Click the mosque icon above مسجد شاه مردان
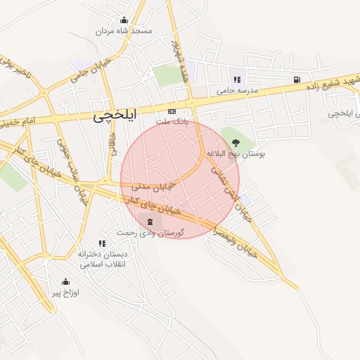(124, 20)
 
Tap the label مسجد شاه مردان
(124, 32)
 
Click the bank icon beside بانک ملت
(172, 112)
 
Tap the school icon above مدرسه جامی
(237, 79)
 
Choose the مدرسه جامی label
(238, 91)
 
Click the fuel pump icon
(297, 79)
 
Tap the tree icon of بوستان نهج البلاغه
(235, 142)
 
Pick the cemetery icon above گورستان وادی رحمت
(148, 221)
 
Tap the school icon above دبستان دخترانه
(102, 243)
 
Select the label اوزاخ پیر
(66, 292)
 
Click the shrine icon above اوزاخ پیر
(66, 281)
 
